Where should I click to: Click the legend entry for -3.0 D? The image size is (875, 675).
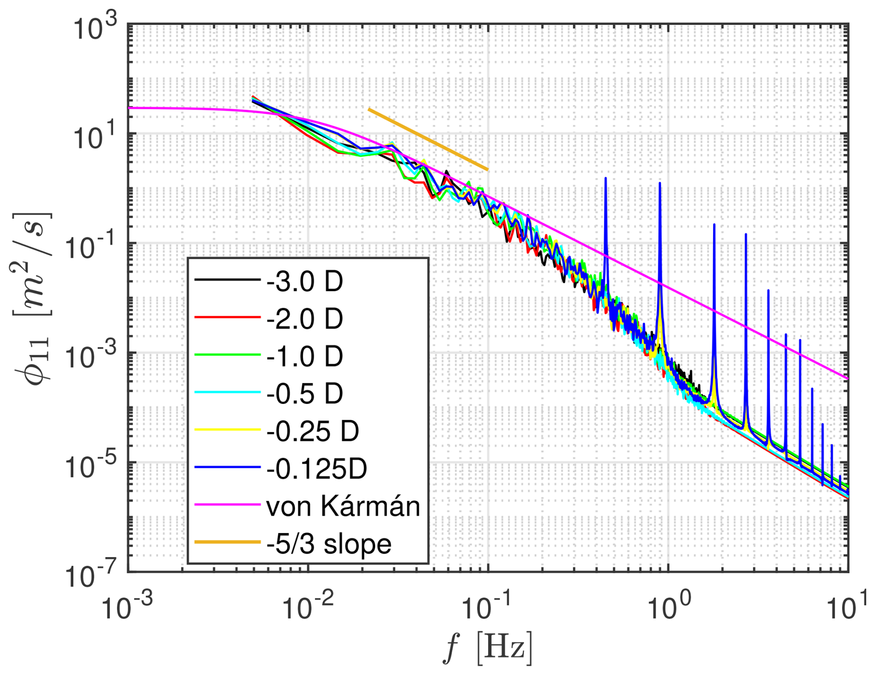pos(304,281)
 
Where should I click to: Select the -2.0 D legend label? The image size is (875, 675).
pos(304,319)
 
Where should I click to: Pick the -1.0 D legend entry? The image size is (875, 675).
pos(304,356)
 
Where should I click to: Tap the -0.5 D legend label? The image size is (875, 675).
pos(304,394)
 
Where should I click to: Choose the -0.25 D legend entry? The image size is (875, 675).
pos(312,431)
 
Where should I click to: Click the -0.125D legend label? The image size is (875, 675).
pos(316,469)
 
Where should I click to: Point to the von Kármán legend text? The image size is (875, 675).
pos(343,506)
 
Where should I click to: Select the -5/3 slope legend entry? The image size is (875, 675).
pos(329,544)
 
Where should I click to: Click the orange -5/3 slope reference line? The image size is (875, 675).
pos(428,139)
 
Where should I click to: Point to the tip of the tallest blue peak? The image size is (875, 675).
pos(605,178)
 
